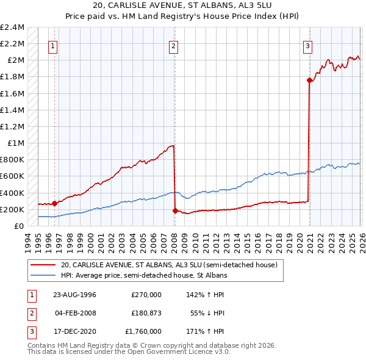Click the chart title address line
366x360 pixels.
[x=183, y=5]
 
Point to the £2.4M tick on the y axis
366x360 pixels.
[x=12, y=27]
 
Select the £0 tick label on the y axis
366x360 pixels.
[x=20, y=226]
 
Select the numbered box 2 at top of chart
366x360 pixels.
[x=174, y=46]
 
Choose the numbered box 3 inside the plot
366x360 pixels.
[x=309, y=46]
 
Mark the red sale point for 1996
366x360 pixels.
[x=54, y=203]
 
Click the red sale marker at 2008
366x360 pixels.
[x=175, y=211]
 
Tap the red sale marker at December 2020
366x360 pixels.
[x=309, y=80]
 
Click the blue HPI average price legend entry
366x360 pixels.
[x=143, y=275]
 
